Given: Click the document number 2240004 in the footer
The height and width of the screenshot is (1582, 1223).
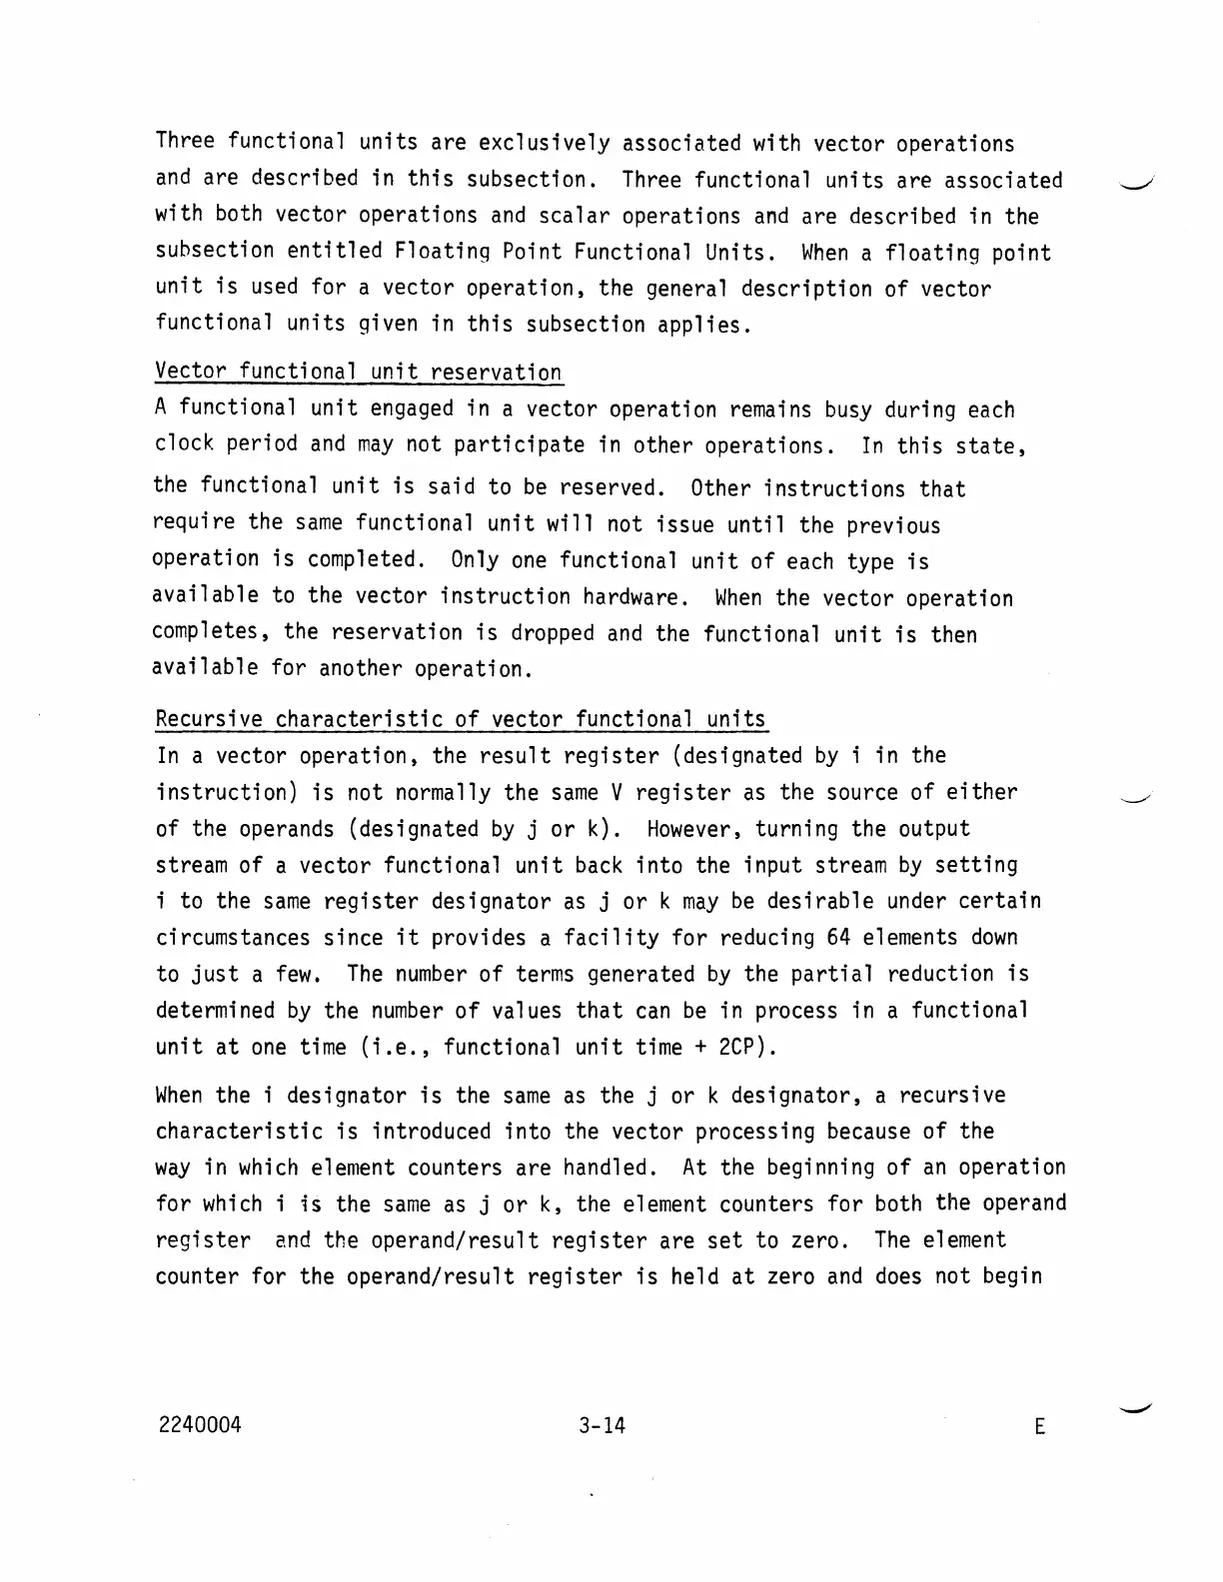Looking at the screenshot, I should [x=199, y=1425].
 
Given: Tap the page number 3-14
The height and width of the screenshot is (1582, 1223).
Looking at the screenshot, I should [x=602, y=1425].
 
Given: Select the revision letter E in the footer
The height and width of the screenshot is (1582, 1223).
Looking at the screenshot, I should [x=1039, y=1427].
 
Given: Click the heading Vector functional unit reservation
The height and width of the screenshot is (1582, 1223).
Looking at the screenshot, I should [x=359, y=373].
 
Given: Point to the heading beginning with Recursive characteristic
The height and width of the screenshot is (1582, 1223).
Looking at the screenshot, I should [x=461, y=719].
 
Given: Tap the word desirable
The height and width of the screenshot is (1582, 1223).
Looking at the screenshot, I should [x=817, y=901].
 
